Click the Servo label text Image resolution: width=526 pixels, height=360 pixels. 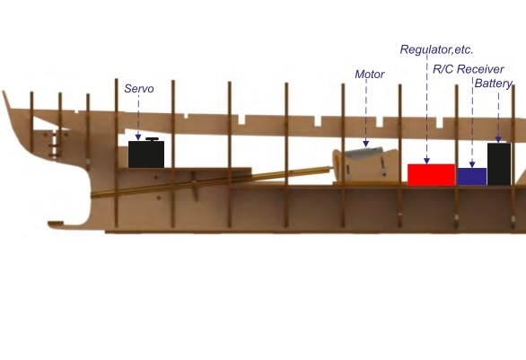click(139, 89)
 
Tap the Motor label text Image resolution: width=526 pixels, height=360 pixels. click(369, 75)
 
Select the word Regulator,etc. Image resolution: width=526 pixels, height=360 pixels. click(436, 49)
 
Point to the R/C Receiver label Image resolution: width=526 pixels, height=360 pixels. click(469, 69)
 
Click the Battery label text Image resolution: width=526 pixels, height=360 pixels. click(494, 83)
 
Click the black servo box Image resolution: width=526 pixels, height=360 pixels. click(146, 154)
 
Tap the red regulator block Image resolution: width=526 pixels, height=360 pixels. click(432, 175)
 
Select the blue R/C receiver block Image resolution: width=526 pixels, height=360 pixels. click(472, 177)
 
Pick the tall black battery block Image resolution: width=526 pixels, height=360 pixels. click(499, 164)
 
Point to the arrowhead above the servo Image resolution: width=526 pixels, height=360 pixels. click(138, 137)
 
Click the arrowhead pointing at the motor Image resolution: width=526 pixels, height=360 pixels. click(366, 145)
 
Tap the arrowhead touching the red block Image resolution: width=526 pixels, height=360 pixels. click(426, 161)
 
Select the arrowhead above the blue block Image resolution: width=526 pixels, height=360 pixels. click(472, 164)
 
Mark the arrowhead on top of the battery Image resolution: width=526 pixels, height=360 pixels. click(498, 140)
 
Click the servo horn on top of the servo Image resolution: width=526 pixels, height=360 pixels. click(152, 139)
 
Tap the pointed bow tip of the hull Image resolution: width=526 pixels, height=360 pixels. click(4, 92)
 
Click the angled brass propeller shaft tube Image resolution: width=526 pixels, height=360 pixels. click(211, 181)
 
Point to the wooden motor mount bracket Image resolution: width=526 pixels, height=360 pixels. click(365, 167)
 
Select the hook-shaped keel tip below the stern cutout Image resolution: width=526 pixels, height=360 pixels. click(56, 224)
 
